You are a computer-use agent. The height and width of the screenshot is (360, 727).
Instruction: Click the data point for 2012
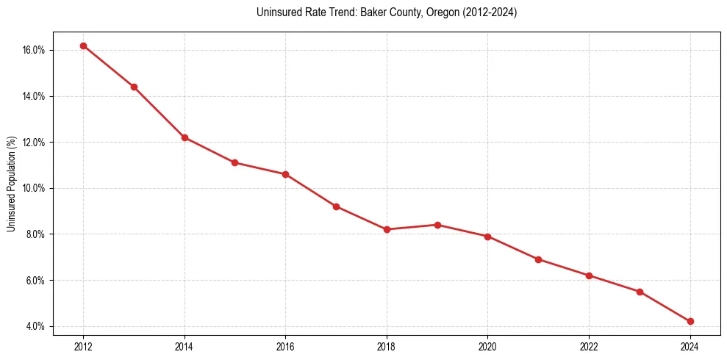[x=83, y=46]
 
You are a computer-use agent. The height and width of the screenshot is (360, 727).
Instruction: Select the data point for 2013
[x=134, y=87]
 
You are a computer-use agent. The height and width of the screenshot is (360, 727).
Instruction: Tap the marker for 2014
[x=185, y=137]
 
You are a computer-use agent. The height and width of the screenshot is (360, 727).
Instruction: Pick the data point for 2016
[x=285, y=174]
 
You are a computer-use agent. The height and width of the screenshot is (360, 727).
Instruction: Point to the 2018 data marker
[x=387, y=229]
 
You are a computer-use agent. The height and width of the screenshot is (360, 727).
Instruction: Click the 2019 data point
[x=437, y=225]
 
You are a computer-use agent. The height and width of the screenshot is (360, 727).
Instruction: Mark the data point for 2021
[x=538, y=259]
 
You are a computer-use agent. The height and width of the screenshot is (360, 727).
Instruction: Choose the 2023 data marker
[x=640, y=292]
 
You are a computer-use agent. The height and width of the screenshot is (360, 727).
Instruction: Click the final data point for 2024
[x=690, y=321]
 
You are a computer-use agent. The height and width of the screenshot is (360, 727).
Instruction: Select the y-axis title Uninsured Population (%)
[x=11, y=184]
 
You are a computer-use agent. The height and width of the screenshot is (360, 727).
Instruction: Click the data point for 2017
[x=336, y=206]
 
